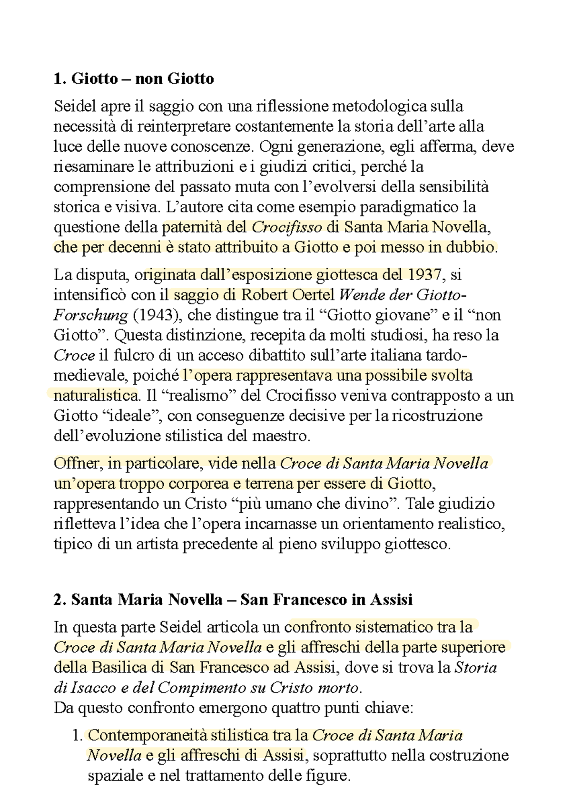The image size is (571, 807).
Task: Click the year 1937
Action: coord(424,275)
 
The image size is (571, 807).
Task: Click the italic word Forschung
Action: coord(90,315)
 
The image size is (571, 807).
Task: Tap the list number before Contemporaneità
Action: coord(78,736)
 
